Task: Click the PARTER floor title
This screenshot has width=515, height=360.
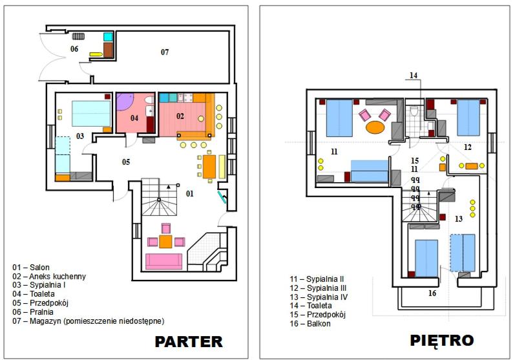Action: [x=189, y=342]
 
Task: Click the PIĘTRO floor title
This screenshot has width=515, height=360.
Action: [x=442, y=341]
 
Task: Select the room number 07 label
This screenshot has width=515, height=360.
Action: [x=165, y=52]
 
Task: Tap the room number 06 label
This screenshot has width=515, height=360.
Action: [x=74, y=49]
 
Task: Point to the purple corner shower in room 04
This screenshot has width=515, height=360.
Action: [x=123, y=101]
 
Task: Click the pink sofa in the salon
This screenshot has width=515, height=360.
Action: [x=163, y=262]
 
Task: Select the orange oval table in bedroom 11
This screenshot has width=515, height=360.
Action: [x=375, y=127]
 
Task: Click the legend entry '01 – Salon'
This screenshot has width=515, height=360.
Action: [x=31, y=268]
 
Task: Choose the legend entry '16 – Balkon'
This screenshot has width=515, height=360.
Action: [x=310, y=324]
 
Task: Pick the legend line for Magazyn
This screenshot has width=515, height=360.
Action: [x=89, y=321]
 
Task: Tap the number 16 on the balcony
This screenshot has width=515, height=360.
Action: [x=432, y=293]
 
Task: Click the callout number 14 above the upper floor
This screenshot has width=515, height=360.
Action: [x=414, y=76]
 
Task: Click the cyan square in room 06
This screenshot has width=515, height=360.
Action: [x=108, y=37]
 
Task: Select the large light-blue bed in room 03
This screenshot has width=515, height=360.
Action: [x=91, y=114]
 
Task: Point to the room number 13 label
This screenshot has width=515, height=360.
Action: [x=459, y=218]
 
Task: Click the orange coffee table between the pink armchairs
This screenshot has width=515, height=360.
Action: [x=165, y=242]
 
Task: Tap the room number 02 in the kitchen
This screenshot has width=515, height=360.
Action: [x=180, y=116]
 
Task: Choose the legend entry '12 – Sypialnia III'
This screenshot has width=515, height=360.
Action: [x=318, y=288]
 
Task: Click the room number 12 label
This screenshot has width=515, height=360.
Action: [x=467, y=147]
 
